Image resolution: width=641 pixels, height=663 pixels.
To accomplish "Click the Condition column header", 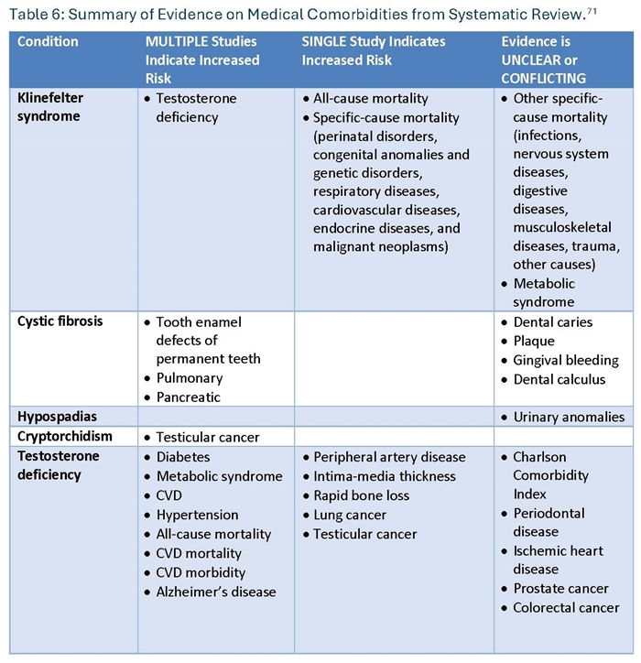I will click(48, 42).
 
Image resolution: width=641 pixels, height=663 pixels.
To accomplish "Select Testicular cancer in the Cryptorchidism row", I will click(207, 437).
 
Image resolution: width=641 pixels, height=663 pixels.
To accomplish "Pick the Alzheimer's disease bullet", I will click(215, 591).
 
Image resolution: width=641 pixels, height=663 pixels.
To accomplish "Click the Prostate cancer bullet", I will click(560, 588).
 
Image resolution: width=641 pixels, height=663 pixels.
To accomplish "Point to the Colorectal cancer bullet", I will click(566, 607).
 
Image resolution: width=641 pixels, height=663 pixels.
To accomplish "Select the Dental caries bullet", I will click(552, 322).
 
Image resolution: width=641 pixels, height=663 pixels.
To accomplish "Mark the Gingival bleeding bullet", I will click(565, 360).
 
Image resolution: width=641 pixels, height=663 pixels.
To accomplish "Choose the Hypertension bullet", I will click(196, 515).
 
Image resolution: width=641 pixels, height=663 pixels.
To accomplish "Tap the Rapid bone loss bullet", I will click(361, 495).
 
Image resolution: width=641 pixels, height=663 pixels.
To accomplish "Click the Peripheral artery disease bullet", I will click(388, 457).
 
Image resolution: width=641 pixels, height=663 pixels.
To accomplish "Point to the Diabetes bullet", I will click(182, 457).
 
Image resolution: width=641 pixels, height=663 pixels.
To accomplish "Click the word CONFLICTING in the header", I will click(543, 78).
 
